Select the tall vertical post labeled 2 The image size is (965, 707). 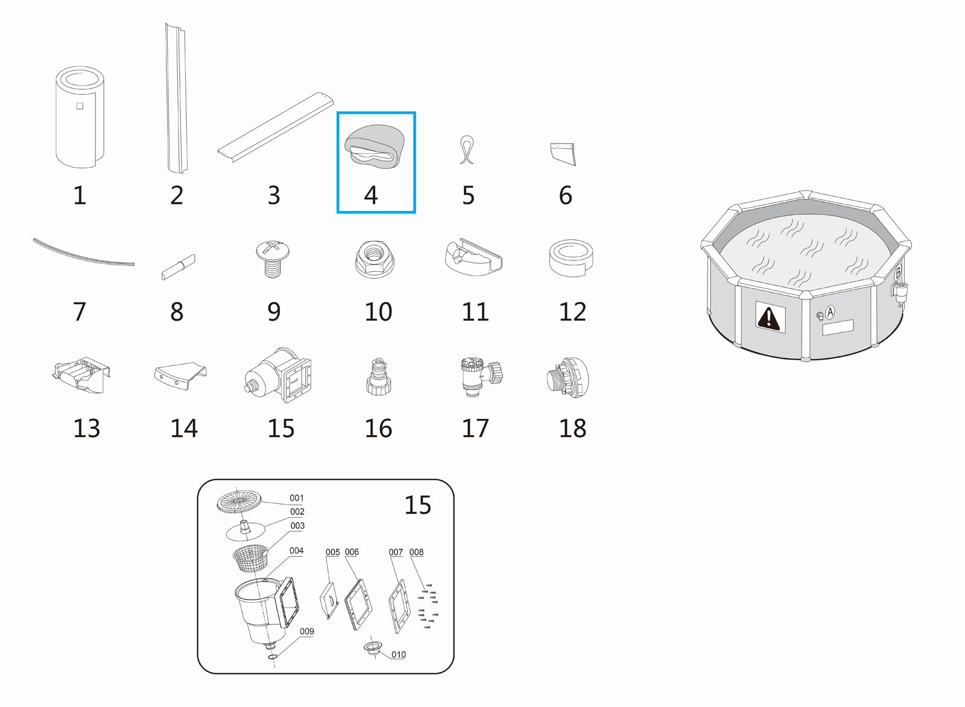tap(176, 98)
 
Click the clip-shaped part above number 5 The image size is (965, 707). tap(467, 150)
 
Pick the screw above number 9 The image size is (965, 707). tap(272, 259)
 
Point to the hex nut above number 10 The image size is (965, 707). tap(374, 259)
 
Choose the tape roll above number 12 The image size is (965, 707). tap(571, 259)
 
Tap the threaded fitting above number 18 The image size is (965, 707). tap(568, 377)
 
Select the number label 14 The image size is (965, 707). tap(184, 428)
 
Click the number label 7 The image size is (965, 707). tap(80, 311)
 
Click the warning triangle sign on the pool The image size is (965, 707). tap(770, 317)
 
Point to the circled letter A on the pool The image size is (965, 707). tap(830, 312)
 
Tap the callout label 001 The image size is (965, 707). tap(296, 498)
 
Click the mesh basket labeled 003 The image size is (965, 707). tap(250, 558)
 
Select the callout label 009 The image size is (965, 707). tap(307, 631)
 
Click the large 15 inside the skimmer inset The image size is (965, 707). tap(417, 505)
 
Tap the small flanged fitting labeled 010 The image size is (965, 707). tap(373, 649)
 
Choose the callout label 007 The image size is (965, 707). tap(396, 552)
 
